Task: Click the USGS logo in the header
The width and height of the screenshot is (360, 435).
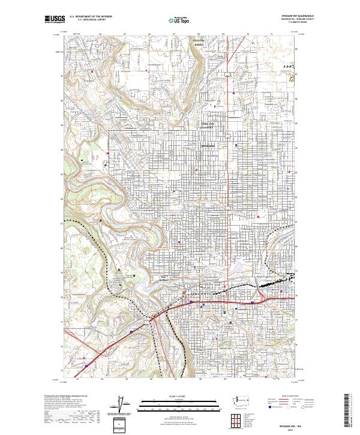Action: point(55,20)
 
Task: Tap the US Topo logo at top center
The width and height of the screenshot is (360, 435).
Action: point(179,20)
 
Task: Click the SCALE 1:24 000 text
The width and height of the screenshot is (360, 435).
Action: point(163,397)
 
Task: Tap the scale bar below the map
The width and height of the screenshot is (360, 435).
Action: point(163,404)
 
